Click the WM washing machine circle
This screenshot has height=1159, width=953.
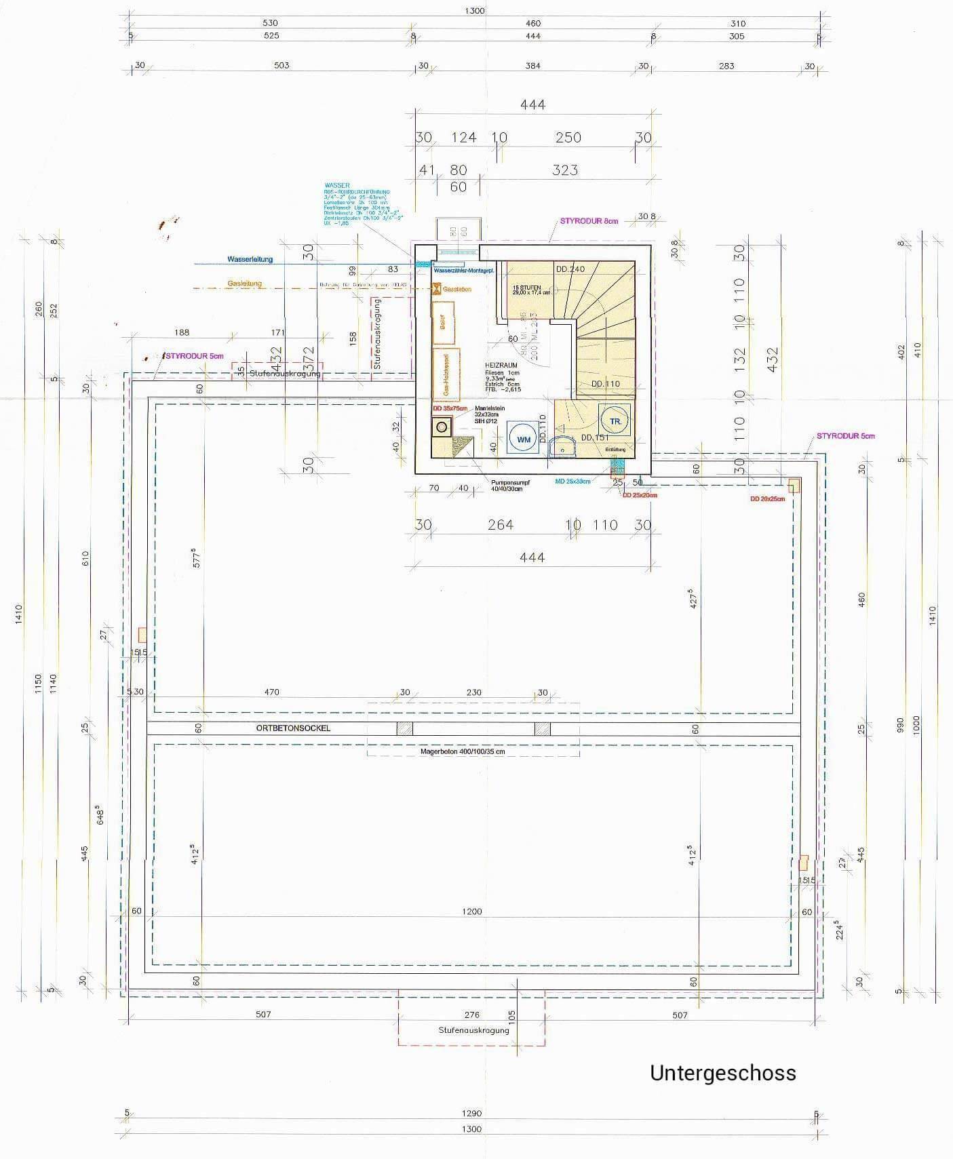click(524, 439)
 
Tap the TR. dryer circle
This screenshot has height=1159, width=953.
click(615, 421)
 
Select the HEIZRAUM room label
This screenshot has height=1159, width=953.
click(501, 366)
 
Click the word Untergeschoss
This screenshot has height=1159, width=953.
click(722, 1073)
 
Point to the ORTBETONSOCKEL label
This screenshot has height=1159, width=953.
click(293, 728)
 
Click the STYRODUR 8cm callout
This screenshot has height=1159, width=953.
click(589, 221)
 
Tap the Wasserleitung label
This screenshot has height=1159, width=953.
click(250, 259)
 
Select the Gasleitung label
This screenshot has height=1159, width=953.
click(244, 283)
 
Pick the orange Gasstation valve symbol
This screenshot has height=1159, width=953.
click(436, 289)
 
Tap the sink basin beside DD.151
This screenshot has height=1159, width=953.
click(562, 447)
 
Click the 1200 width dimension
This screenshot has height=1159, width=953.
click(471, 911)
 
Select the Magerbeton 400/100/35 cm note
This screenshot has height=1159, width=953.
click(463, 751)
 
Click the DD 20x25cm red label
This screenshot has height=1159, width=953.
click(767, 499)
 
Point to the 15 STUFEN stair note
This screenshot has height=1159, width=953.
click(527, 288)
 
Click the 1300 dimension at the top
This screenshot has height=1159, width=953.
click(475, 11)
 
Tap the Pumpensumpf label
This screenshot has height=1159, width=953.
click(510, 483)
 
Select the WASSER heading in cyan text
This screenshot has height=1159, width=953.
click(337, 185)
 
